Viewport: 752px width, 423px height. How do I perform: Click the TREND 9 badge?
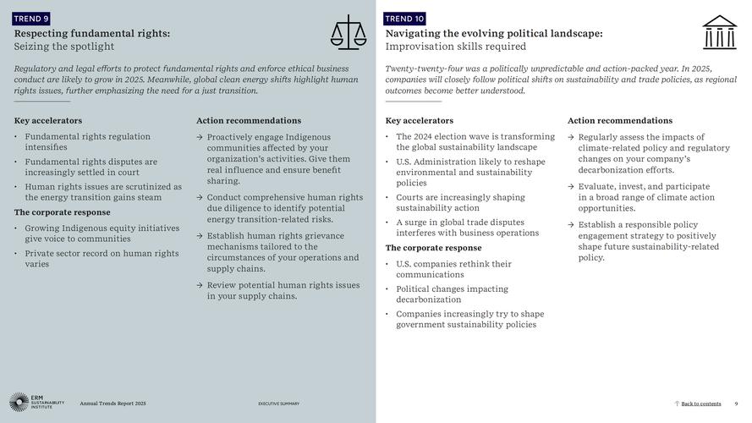(31, 18)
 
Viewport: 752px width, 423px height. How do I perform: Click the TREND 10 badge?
(404, 18)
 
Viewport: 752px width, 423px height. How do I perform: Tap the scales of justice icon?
(349, 32)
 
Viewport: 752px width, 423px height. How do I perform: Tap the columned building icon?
(719, 32)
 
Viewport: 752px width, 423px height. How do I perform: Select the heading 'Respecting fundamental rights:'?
(92, 33)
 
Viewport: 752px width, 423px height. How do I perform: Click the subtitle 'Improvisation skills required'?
(456, 47)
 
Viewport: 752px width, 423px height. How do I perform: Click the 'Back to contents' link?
(700, 404)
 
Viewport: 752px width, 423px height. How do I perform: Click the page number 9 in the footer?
(736, 404)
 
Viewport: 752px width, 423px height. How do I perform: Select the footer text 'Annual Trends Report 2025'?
(113, 404)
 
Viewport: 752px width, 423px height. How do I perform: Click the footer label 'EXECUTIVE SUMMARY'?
(278, 404)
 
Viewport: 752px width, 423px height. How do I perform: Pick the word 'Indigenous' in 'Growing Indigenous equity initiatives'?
(79, 228)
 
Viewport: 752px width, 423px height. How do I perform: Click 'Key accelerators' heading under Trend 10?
(420, 121)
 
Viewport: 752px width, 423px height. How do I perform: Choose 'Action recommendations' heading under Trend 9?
(249, 121)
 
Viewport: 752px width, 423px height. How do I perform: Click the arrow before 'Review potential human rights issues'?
(200, 286)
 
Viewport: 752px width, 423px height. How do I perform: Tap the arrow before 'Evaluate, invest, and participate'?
(571, 187)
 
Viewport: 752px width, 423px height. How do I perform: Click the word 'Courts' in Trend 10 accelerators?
(410, 198)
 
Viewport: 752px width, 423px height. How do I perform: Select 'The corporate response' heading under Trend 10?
(433, 248)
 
